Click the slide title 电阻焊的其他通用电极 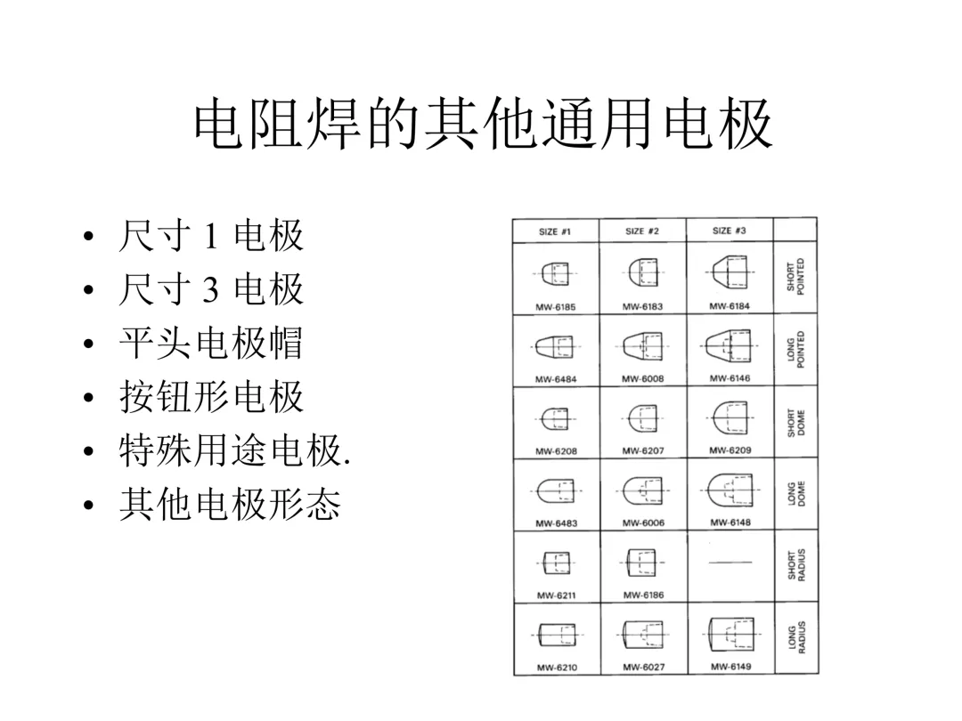482,126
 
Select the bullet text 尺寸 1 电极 210,237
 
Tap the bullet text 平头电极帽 210,343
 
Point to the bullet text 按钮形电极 210,397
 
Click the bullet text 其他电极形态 229,505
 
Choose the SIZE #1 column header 555,231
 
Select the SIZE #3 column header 730,231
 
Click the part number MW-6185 555,307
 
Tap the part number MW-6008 642,379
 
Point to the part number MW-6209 730,450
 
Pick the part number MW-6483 555,523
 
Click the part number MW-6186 642,595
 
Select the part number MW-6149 730,667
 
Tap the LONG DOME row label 795,494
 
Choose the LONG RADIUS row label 795,638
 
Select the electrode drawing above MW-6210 555,634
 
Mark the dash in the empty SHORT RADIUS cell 730,563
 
